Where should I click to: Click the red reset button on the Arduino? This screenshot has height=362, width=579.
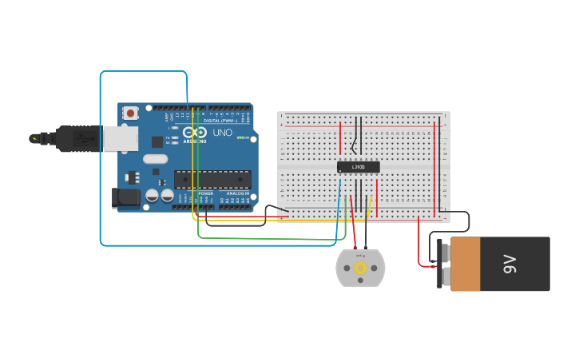[x=130, y=113]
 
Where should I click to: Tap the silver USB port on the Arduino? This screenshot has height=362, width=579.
[x=119, y=139]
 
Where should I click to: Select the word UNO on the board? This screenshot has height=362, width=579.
[x=222, y=132]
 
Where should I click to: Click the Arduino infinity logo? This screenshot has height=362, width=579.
[x=194, y=133]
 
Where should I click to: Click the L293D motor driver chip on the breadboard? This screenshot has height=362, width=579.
[x=358, y=167]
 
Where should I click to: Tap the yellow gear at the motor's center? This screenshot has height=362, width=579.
[x=360, y=268]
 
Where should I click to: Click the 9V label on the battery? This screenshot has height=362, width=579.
[x=510, y=264]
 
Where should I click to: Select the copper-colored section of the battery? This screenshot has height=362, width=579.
[x=465, y=264]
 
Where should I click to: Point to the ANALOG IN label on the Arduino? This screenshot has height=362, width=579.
[x=237, y=193]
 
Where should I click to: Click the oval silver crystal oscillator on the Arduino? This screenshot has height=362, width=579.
[x=156, y=158]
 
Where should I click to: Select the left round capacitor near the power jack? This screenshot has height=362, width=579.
[x=152, y=194]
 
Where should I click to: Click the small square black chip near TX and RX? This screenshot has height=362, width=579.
[x=157, y=141]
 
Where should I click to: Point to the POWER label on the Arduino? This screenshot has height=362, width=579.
[x=205, y=193]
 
